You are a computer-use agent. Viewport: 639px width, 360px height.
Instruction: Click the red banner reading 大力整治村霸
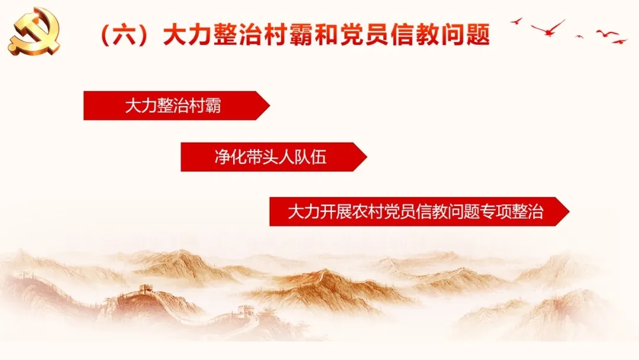point(176,105)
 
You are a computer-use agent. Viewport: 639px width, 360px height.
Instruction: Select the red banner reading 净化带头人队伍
point(274,157)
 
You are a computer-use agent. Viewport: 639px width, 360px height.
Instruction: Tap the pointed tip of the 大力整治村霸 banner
point(269,105)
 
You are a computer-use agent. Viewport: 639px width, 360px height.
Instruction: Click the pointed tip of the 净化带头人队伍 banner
point(367,157)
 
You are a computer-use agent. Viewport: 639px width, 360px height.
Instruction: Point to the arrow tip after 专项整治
point(569,211)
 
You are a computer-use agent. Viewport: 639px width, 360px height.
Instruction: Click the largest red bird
point(548,28)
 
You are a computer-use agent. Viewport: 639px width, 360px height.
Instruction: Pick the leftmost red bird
point(517,21)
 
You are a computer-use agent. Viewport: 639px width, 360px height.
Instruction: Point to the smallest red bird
point(579,37)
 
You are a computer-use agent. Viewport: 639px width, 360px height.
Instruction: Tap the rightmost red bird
point(619,41)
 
